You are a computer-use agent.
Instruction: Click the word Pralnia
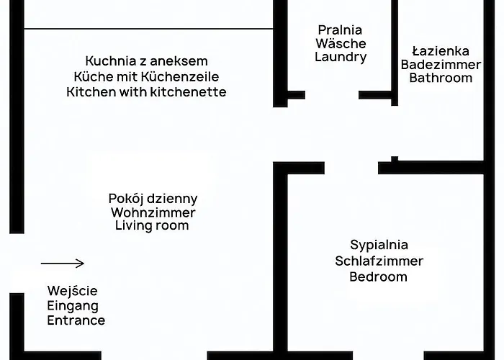click(x=341, y=30)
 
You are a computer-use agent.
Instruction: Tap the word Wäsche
click(x=341, y=44)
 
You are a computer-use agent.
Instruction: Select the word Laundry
click(x=341, y=58)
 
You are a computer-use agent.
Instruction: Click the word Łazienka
click(x=441, y=51)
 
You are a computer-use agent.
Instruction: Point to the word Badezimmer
click(x=441, y=65)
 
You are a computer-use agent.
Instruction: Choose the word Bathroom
click(x=441, y=78)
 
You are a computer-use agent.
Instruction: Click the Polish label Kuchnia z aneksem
click(x=146, y=60)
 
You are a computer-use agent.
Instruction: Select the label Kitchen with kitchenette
click(x=146, y=92)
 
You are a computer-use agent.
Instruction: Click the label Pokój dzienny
click(x=153, y=198)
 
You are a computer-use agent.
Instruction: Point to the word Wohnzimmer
click(x=153, y=212)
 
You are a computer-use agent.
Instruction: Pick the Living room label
click(x=152, y=226)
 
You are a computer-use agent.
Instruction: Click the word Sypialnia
click(x=379, y=245)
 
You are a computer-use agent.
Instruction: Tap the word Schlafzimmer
click(x=379, y=261)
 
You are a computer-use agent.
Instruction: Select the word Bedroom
click(x=379, y=276)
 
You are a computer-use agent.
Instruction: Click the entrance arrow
click(x=63, y=264)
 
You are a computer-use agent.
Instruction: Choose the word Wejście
click(x=72, y=292)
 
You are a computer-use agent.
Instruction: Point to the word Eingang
click(x=72, y=306)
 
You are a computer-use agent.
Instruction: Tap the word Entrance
click(x=76, y=320)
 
